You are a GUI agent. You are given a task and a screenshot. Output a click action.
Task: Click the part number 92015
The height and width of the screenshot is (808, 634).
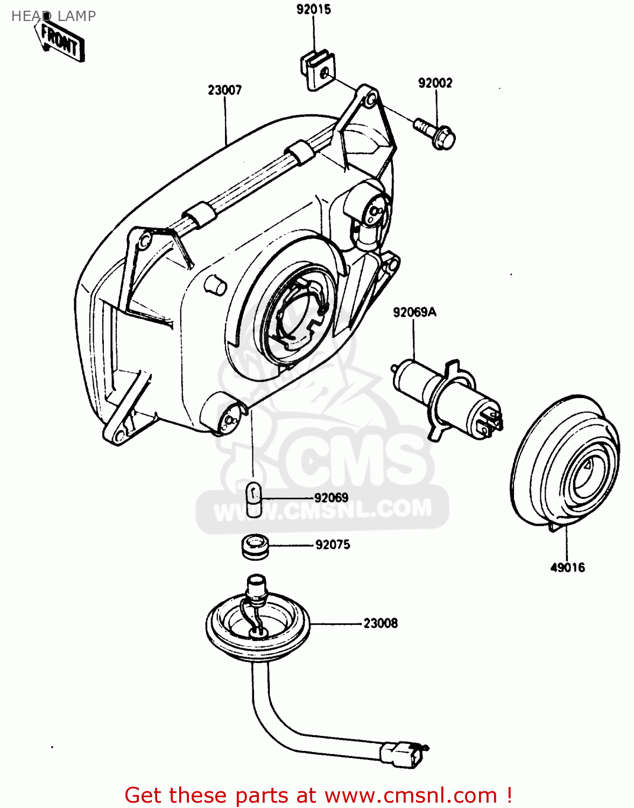tap(313, 10)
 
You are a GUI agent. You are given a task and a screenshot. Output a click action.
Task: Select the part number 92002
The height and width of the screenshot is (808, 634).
tap(435, 83)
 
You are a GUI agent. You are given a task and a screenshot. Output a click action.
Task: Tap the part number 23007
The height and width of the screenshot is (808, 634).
tap(224, 90)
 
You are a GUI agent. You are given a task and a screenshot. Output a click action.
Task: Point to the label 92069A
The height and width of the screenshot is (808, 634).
tap(414, 312)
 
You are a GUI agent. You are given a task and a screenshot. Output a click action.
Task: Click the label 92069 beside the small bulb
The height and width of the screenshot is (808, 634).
tap(331, 498)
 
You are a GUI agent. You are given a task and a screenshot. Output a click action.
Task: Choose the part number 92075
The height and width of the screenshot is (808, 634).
tap(333, 545)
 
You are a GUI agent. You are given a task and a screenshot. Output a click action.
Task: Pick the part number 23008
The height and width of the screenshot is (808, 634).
tap(381, 623)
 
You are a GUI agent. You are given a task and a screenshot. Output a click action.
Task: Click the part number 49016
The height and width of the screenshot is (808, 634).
tap(567, 567)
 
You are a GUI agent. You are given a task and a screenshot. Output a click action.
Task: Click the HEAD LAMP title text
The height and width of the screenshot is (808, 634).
tap(53, 16)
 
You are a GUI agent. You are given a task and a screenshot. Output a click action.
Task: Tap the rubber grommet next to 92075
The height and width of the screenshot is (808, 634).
tap(255, 546)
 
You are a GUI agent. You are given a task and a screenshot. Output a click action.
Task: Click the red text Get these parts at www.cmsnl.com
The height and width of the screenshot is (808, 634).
tap(318, 795)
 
